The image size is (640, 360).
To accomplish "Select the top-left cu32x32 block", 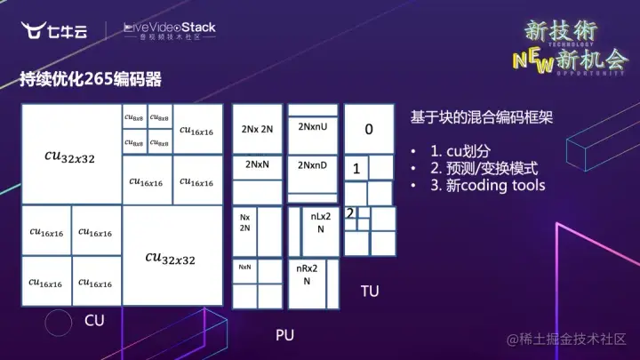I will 70,156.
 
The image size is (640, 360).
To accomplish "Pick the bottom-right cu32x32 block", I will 172,258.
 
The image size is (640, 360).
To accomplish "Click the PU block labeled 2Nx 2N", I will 257,129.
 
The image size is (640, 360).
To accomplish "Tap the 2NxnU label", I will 313,128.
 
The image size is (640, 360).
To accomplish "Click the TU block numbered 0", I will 369,130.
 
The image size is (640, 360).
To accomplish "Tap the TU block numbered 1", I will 356,168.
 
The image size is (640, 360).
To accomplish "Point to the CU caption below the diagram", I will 94,320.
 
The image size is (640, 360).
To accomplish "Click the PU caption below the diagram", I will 284,334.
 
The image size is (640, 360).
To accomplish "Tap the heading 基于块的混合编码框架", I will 481,116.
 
